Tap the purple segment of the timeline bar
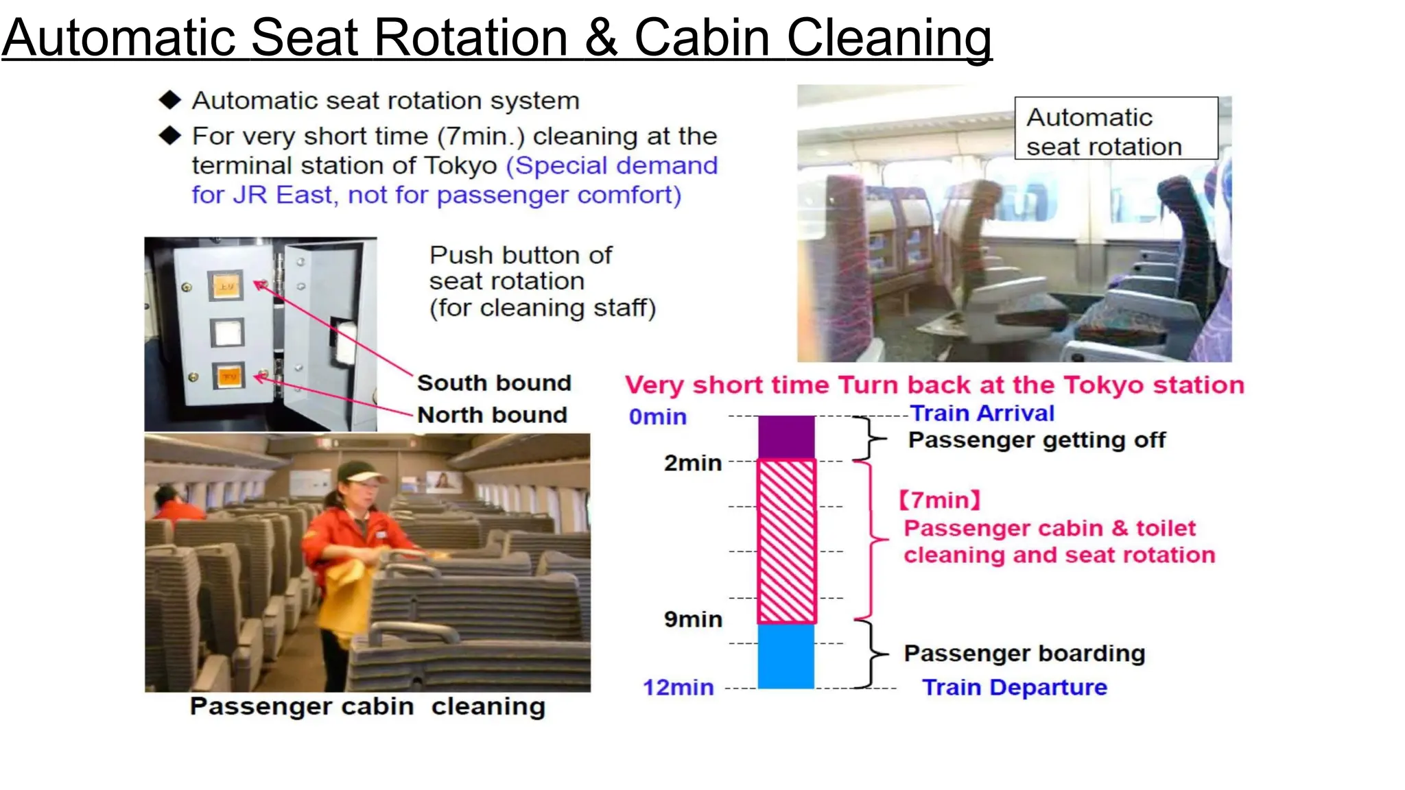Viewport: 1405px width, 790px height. coord(786,437)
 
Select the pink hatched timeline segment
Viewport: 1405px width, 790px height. coord(786,541)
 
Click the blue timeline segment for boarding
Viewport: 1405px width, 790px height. coord(786,656)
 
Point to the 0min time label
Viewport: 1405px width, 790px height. coord(657,416)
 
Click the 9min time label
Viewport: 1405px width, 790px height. coord(693,619)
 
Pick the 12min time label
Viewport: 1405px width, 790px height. coord(678,687)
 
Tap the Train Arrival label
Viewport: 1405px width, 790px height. coord(982,414)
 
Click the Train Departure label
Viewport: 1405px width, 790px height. coord(1014,687)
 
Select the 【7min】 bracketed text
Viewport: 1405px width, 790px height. coord(939,500)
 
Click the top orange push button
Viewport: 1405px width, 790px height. coord(226,286)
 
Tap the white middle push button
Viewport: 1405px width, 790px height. coord(227,333)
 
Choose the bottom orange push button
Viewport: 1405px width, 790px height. coord(228,376)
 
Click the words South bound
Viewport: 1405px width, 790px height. coord(494,383)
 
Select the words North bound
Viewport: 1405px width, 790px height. coord(492,415)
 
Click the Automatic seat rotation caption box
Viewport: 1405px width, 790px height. coord(1115,129)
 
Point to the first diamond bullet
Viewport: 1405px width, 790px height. coord(169,100)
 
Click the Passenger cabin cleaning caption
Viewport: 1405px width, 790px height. coord(368,706)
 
